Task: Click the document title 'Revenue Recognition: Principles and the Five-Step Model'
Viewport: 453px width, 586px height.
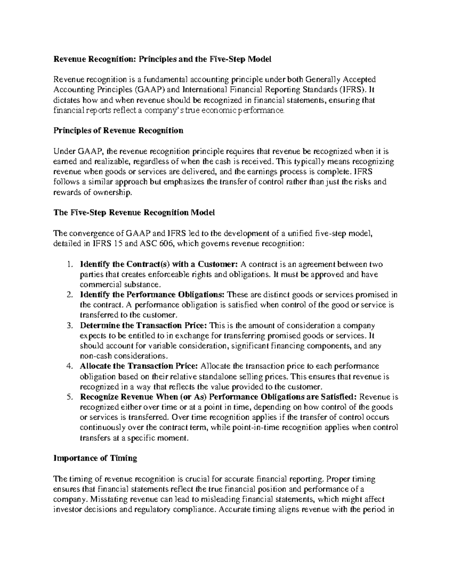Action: pyautogui.click(x=162, y=59)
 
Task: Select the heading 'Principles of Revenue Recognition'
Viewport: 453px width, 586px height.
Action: pyautogui.click(x=118, y=131)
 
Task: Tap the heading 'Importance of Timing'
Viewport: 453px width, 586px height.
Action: pyautogui.click(x=96, y=458)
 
